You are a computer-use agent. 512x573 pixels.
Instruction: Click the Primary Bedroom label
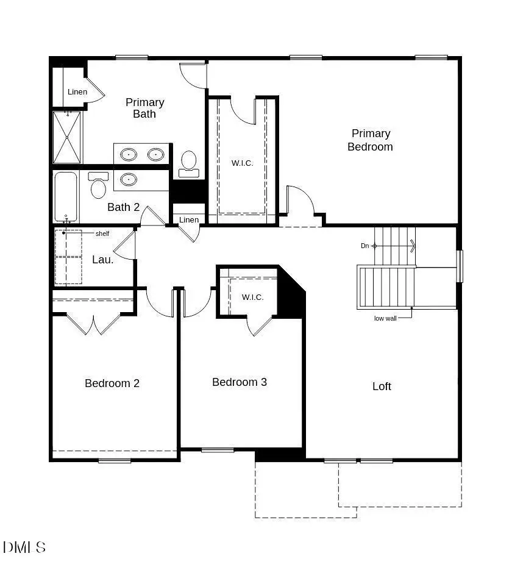pos(370,140)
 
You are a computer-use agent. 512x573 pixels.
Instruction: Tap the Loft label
pos(382,386)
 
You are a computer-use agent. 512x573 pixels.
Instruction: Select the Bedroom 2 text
pos(112,383)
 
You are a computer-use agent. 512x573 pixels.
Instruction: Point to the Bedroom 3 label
pos(240,382)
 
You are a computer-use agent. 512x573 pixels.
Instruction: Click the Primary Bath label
pos(144,108)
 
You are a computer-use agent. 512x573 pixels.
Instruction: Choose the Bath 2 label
pos(124,207)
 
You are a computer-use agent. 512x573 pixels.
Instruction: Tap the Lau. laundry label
pos(102,260)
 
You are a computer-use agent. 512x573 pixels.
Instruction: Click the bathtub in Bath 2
pos(65,196)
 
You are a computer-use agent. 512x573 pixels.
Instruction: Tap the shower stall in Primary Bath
pos(66,137)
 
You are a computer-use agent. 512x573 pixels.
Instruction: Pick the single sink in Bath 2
pos(128,179)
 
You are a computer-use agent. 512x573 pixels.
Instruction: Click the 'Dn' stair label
pos(364,246)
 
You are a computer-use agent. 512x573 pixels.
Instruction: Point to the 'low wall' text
pos(385,318)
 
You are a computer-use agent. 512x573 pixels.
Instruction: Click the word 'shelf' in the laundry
pos(102,233)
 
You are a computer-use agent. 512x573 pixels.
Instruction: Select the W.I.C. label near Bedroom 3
pos(252,297)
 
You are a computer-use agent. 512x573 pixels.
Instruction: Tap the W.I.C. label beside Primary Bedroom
pos(242,163)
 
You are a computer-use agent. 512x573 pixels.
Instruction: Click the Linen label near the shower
pos(77,92)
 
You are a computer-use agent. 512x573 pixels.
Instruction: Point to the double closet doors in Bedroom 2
pos(93,324)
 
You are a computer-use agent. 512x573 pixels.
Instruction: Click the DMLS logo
pos(24,547)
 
